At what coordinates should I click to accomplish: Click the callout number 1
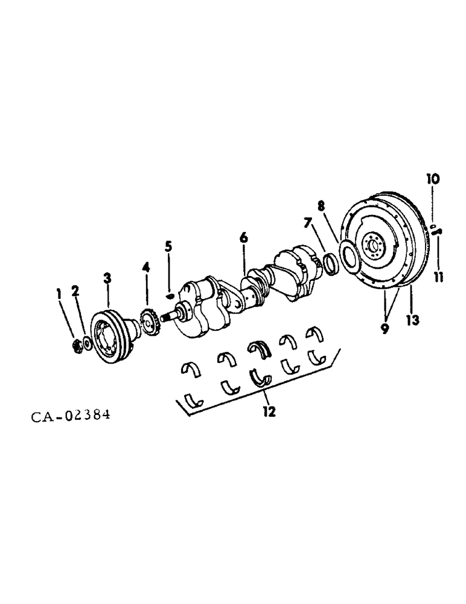coord(59,294)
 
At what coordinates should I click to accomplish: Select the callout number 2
coord(75,292)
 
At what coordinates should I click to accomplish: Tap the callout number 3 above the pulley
coord(107,278)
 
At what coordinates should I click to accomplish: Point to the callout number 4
coord(145,266)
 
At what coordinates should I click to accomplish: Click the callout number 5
coord(168,246)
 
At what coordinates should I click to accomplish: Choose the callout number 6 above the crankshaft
coord(243,238)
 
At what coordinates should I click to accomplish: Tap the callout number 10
coord(433,179)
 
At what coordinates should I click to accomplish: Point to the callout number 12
coord(269,412)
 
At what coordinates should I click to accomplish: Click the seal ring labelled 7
coord(330,263)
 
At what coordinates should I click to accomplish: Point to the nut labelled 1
coord(77,346)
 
